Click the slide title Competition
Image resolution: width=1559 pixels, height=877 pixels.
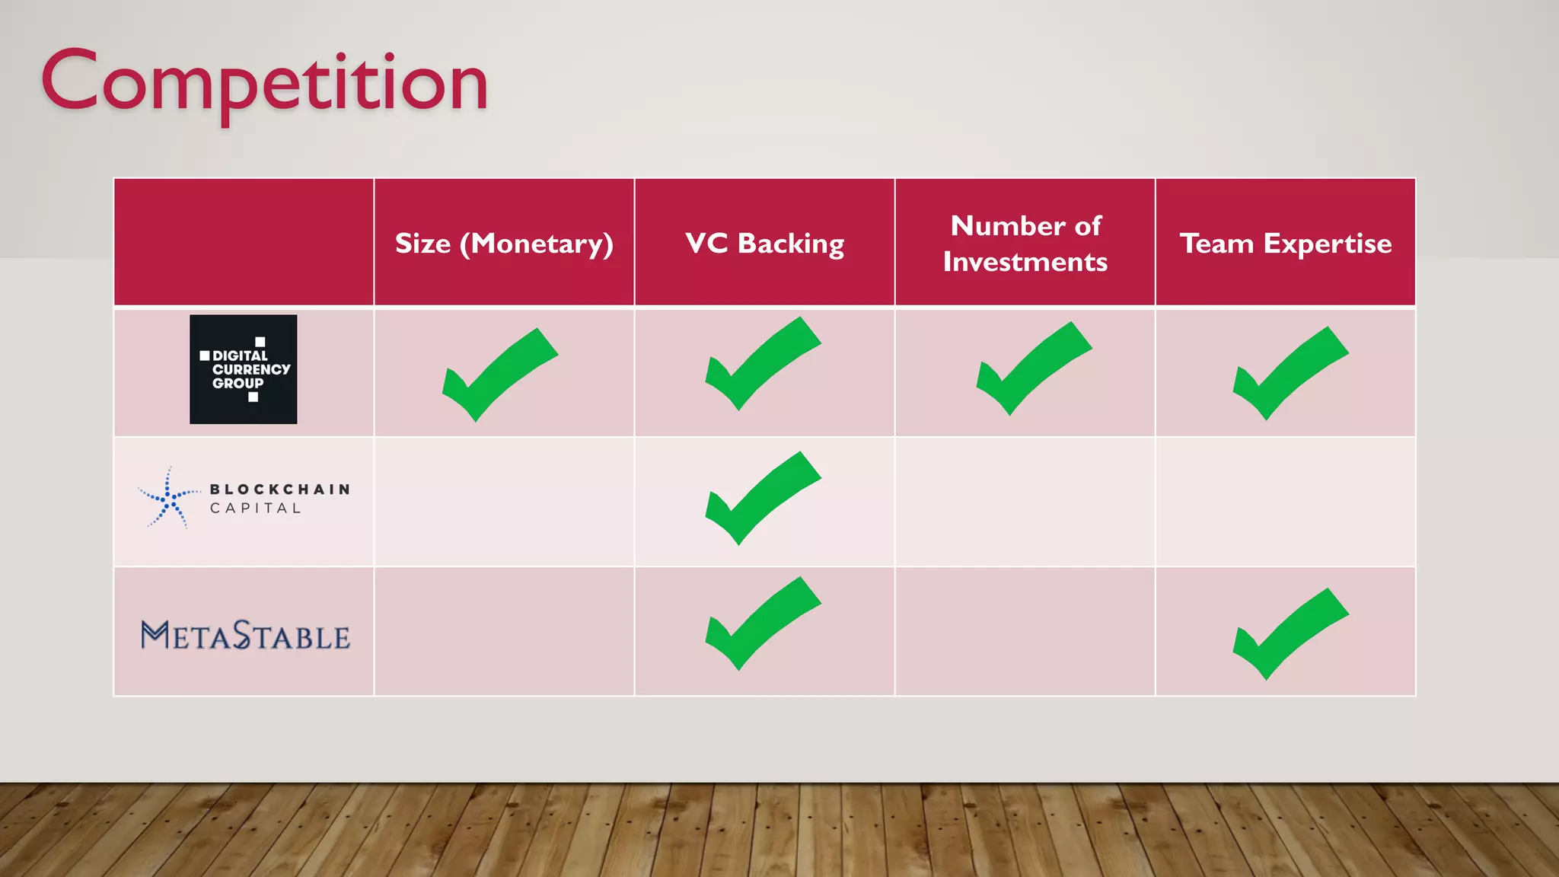pyautogui.click(x=264, y=82)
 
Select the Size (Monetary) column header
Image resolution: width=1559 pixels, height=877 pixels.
pyautogui.click(x=504, y=244)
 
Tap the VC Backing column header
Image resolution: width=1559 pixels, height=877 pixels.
pyautogui.click(x=764, y=244)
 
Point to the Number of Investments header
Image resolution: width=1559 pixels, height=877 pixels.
pyautogui.click(x=1025, y=244)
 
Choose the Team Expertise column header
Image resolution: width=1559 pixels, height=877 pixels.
pyautogui.click(x=1286, y=244)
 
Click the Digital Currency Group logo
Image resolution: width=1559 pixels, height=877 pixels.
pyautogui.click(x=244, y=369)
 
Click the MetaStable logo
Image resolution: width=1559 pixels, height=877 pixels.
pyautogui.click(x=245, y=635)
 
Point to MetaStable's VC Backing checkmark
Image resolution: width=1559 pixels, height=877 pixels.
pyautogui.click(x=760, y=623)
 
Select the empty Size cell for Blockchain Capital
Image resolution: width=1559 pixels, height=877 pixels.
pyautogui.click(x=504, y=502)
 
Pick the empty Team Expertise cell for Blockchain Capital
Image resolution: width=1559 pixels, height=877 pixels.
pyautogui.click(x=1286, y=502)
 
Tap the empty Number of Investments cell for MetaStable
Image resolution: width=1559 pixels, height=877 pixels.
pyautogui.click(x=1025, y=631)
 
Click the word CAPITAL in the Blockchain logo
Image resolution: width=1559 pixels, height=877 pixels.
pyautogui.click(x=256, y=509)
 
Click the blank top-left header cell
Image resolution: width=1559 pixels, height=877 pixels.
pyautogui.click(x=244, y=242)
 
